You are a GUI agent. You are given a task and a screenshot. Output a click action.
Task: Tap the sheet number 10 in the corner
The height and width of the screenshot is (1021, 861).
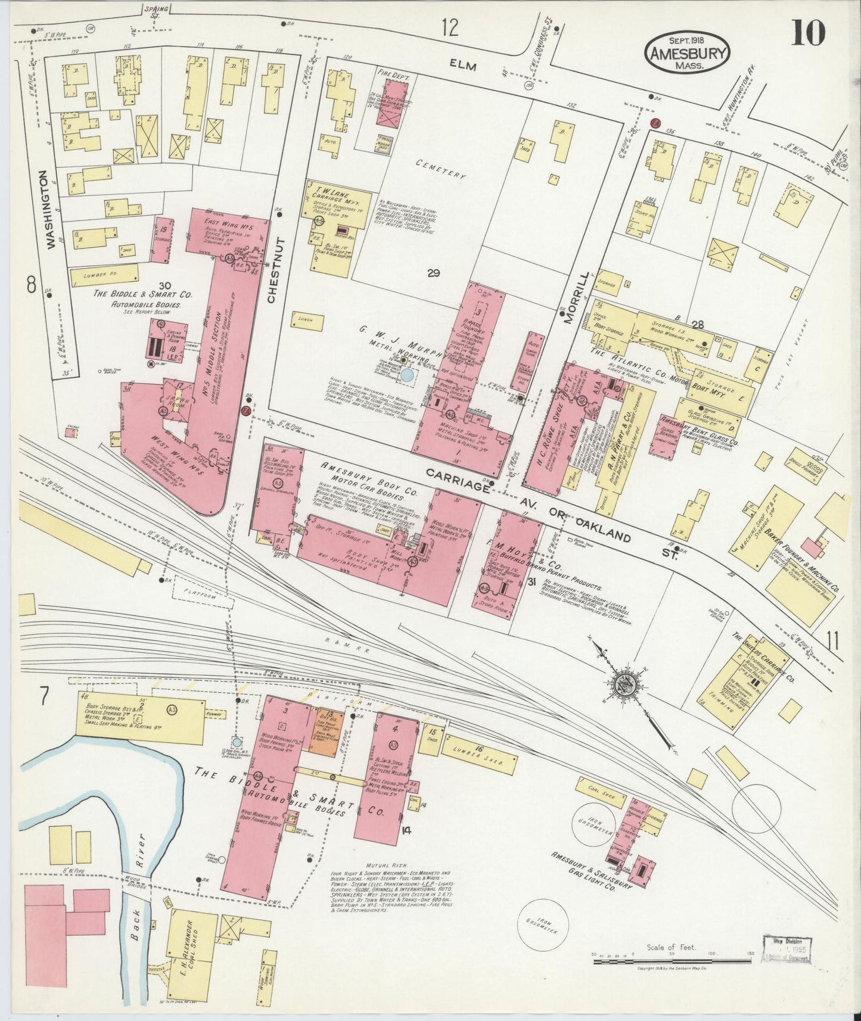809,33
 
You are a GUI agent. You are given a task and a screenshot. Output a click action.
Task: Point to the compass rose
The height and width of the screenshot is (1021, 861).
630,682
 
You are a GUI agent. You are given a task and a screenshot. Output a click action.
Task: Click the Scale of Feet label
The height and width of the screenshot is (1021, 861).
670,947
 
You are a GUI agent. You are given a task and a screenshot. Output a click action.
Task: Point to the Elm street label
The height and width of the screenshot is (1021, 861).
462,67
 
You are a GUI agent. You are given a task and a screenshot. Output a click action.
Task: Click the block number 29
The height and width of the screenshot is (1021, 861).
433,273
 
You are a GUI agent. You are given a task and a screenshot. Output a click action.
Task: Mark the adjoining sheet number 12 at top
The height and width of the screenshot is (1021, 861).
451,27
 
